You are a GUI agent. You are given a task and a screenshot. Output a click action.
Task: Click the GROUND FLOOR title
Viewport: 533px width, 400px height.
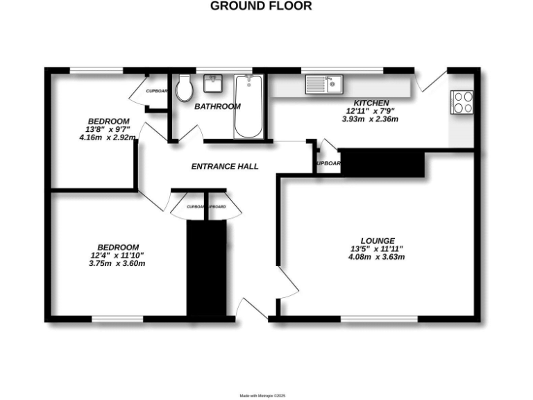click(261, 6)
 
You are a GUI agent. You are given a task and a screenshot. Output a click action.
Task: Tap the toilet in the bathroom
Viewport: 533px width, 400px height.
click(184, 88)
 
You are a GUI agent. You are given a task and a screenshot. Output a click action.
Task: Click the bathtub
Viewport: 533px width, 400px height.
click(248, 106)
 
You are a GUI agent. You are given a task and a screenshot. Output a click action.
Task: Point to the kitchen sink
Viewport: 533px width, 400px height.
click(323, 85)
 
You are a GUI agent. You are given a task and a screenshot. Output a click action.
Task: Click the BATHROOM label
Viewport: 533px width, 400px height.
click(217, 106)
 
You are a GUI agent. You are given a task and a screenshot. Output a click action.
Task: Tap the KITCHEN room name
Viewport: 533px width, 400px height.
click(370, 101)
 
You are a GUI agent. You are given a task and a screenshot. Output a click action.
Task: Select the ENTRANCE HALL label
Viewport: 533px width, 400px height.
click(225, 167)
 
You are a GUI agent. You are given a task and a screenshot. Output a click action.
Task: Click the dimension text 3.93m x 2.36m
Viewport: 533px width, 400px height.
click(370, 119)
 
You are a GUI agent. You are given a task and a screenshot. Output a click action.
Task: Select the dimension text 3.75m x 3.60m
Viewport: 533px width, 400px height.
click(117, 263)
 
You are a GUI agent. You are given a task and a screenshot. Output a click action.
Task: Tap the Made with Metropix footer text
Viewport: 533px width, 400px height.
click(262, 396)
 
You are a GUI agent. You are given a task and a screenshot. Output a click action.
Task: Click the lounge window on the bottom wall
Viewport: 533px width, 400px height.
click(379, 319)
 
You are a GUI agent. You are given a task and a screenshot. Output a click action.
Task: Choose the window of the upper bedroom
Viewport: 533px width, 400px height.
click(96, 69)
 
